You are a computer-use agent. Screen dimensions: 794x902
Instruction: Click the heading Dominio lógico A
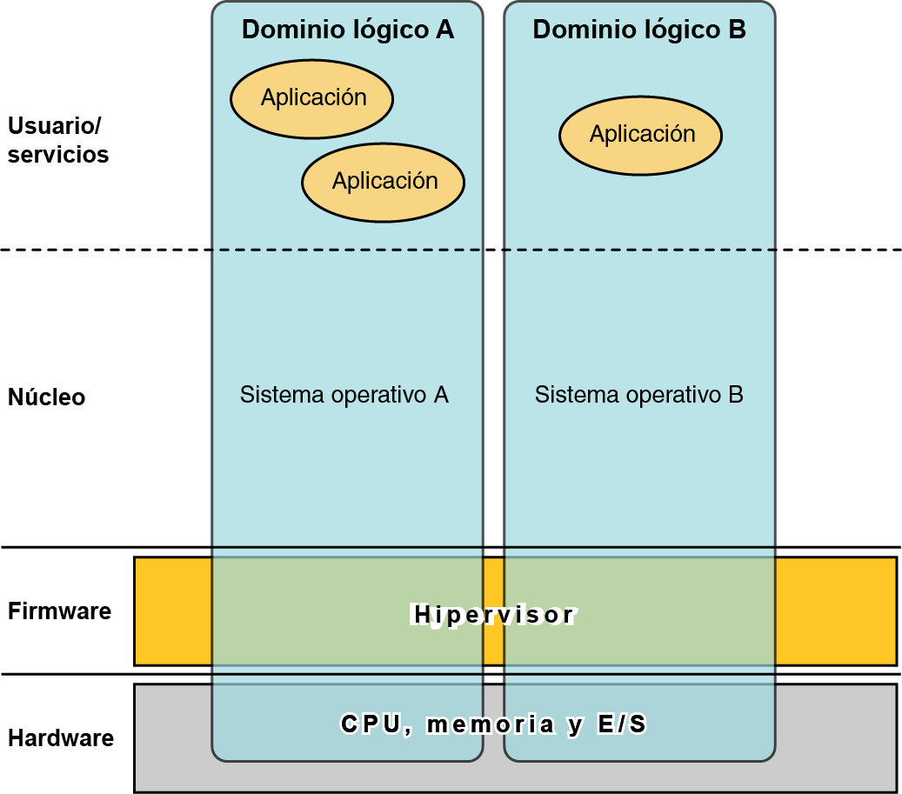[347, 30]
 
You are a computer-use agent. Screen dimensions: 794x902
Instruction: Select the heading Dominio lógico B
[639, 30]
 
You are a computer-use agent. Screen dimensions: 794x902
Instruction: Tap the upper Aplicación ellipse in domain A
[312, 97]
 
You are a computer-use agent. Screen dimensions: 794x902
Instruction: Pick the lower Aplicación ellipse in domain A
[384, 182]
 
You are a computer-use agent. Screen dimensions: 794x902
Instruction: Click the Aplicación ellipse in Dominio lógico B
[641, 135]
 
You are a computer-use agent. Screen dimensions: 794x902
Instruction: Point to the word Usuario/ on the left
[54, 126]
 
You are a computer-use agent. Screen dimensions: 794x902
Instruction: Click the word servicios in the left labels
[58, 155]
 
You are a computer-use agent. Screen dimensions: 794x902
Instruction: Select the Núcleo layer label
[46, 397]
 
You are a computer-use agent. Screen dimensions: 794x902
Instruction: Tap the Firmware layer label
[59, 611]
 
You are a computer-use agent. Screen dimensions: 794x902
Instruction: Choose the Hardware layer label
[61, 738]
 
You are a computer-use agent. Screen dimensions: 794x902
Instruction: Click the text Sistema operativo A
[344, 395]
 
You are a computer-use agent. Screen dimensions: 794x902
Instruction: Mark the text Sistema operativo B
[638, 395]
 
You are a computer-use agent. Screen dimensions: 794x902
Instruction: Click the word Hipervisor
[493, 615]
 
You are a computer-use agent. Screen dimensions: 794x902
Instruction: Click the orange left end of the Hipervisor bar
[172, 611]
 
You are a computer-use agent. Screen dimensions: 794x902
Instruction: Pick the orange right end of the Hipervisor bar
[835, 611]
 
